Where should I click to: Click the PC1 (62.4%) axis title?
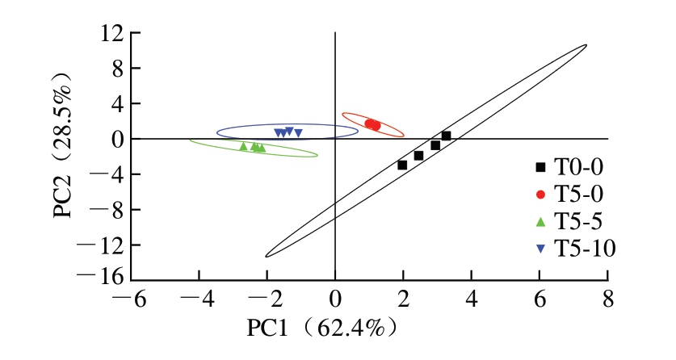pyautogui.click(x=321, y=329)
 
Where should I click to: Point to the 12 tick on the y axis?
pyautogui.click(x=111, y=34)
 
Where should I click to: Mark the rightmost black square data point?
pyautogui.click(x=446, y=136)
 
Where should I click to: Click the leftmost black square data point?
pyautogui.click(x=402, y=165)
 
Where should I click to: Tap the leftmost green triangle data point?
pyautogui.click(x=243, y=146)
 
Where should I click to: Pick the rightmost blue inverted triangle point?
pyautogui.click(x=298, y=133)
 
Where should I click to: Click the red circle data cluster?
pyautogui.click(x=372, y=125)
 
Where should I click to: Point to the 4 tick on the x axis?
pyautogui.click(x=471, y=301)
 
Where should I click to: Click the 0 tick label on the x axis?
pyautogui.click(x=335, y=301)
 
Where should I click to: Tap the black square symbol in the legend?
pyautogui.click(x=540, y=167)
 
